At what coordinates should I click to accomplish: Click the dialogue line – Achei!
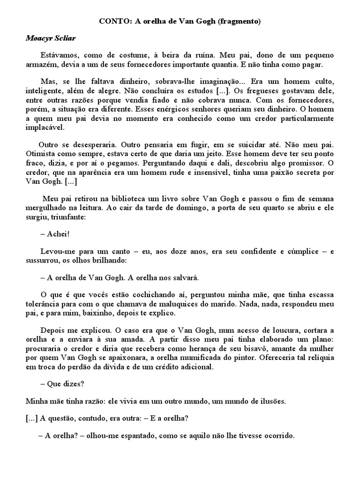55,234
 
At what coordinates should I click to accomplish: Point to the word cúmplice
296,252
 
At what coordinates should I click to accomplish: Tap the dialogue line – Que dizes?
62,384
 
